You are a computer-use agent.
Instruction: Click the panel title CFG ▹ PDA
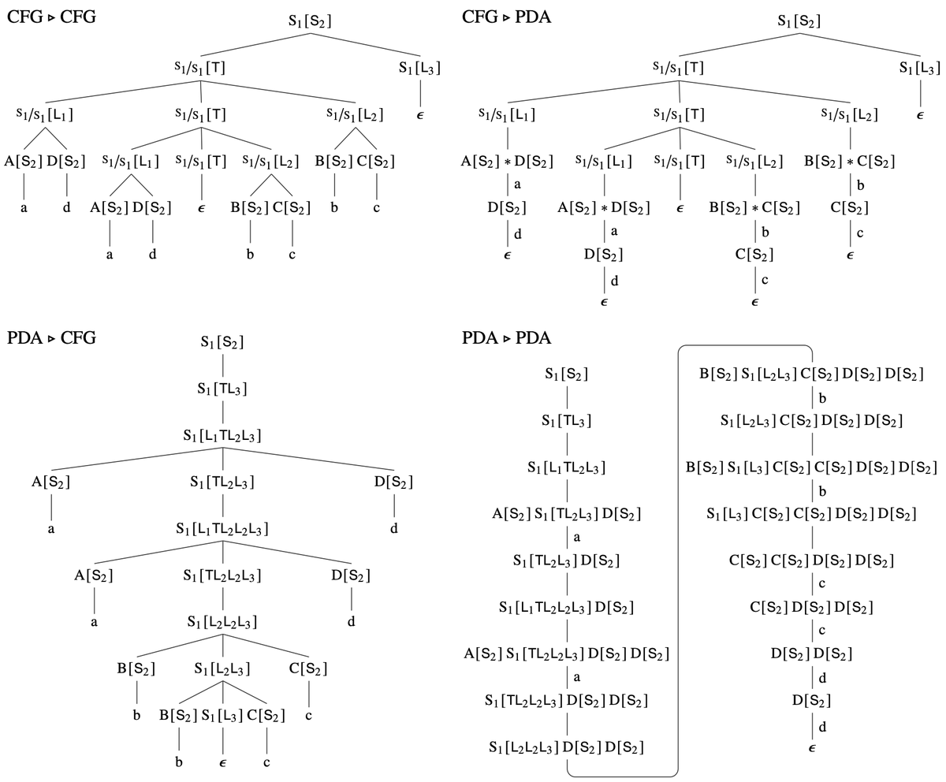tap(506, 17)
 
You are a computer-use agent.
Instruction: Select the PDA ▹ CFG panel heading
tap(51, 338)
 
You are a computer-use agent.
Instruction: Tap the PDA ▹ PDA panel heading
tap(506, 338)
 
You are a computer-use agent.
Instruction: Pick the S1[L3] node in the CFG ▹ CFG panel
tap(419, 68)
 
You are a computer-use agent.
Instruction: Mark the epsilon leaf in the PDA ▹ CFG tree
tap(223, 763)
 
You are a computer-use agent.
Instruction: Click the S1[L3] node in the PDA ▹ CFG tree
tap(222, 716)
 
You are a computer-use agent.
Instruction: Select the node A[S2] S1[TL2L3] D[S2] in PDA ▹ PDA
tap(566, 514)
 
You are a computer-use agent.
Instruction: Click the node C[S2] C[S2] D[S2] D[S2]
tap(811, 560)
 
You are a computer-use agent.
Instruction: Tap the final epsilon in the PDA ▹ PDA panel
tap(811, 746)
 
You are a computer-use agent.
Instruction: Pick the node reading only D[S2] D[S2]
tap(811, 654)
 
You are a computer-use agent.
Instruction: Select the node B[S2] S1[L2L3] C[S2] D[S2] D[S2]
tap(811, 374)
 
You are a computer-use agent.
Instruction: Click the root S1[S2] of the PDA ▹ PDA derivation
tap(566, 374)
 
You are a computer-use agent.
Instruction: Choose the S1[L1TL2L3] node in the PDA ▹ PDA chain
tap(566, 467)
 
